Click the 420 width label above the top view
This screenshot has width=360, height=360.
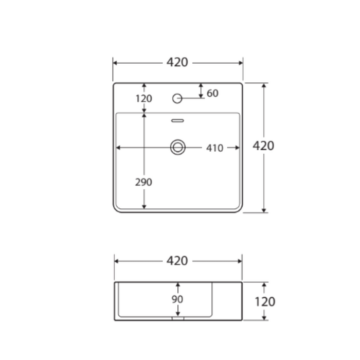tap(177, 62)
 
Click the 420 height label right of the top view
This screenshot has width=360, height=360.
tap(263, 146)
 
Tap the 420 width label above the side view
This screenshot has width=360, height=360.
tap(177, 261)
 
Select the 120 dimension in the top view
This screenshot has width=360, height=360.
tap(143, 99)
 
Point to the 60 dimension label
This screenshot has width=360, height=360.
tap(212, 93)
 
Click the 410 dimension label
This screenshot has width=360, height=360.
tap(214, 148)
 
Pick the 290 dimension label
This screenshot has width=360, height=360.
tap(143, 182)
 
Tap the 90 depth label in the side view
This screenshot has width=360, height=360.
tap(177, 299)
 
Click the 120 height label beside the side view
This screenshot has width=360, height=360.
tap(265, 302)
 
